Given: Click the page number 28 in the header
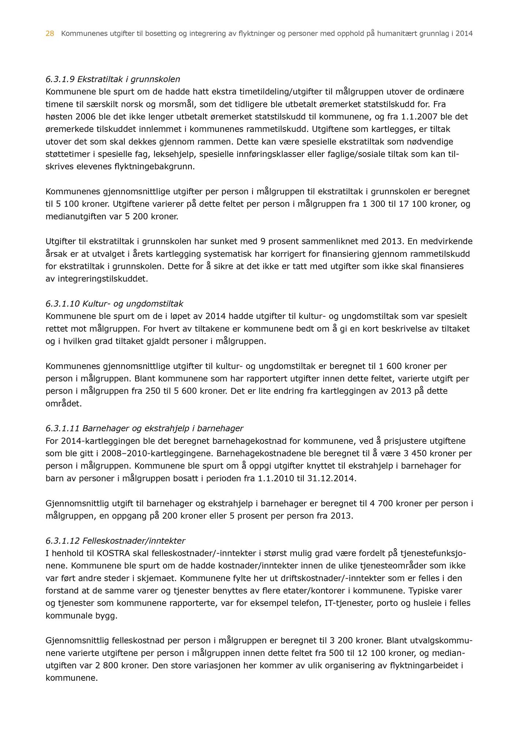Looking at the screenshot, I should click(x=50, y=34).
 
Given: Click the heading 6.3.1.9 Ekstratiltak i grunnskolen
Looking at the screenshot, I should click(x=113, y=79).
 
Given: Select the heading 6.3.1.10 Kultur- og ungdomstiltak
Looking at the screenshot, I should click(x=114, y=304).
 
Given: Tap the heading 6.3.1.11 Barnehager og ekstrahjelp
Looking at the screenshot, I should click(x=144, y=428).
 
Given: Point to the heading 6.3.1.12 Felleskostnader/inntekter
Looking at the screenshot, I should click(x=115, y=541).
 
